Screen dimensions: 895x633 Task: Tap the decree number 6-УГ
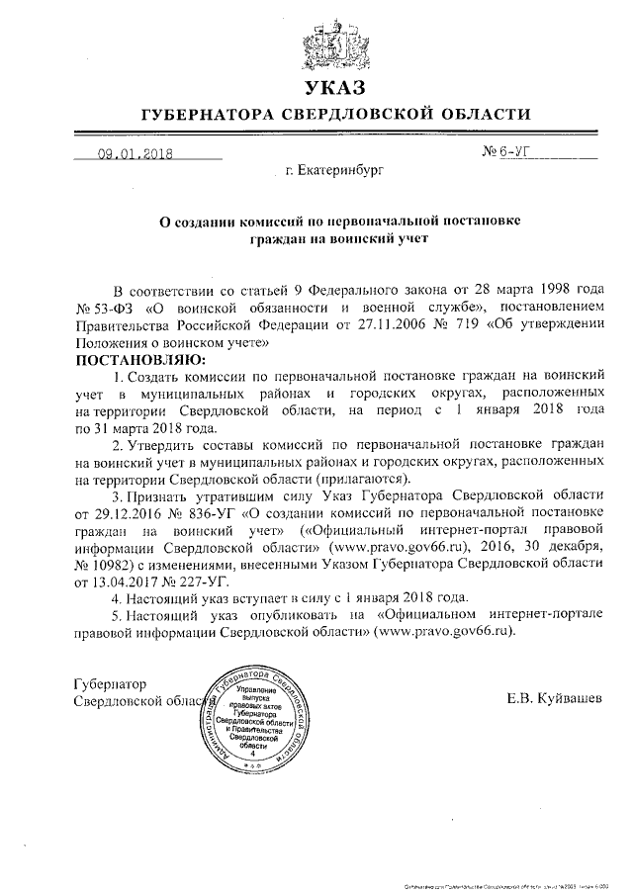coord(519,154)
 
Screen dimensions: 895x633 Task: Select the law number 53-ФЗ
coord(118,308)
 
